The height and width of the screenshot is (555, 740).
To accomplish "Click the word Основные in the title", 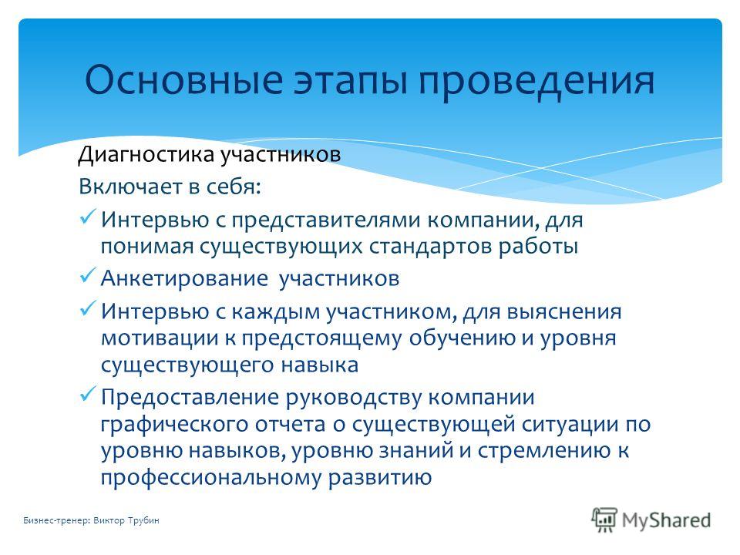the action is coord(183,79).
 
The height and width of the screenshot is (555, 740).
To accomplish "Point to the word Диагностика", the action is coord(146,154).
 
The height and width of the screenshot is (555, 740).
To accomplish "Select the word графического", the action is coord(174,424).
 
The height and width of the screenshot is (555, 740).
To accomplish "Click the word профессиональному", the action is coord(211,478).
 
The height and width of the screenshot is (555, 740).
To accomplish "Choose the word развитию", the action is coord(380,478).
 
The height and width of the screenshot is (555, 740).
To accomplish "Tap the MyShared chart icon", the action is coord(604,520).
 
